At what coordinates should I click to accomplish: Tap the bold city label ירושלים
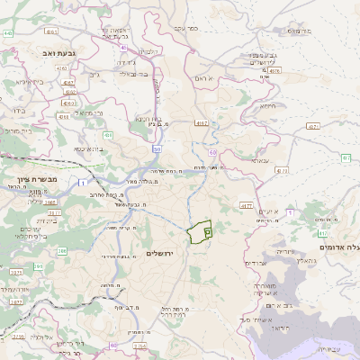pos(165,254)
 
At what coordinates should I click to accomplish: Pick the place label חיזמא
pos(267,105)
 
